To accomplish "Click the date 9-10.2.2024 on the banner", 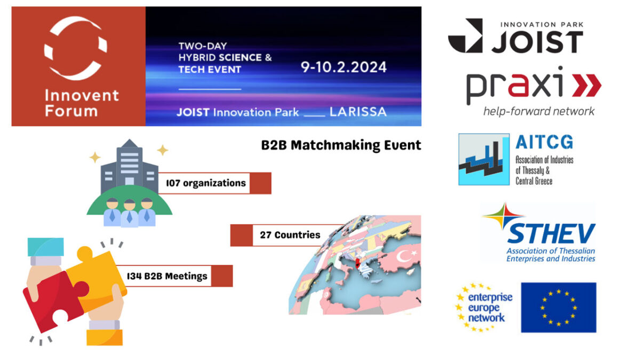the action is [343, 67].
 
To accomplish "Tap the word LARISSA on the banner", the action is [358, 112].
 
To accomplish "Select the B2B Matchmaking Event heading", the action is [341, 145].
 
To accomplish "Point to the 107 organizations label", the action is [206, 183].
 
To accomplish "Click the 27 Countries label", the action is [290, 235].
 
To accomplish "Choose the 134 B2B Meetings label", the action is [167, 276].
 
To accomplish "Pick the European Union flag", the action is [558, 307].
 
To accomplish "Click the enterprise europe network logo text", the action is [490, 308].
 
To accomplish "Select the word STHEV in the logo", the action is [550, 234].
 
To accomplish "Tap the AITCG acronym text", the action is [545, 142].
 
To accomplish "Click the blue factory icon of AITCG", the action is [484, 159].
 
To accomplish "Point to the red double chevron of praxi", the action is [587, 85].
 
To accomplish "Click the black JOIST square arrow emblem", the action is [466, 36].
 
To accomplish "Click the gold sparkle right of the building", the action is [163, 150].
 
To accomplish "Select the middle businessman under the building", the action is [130, 213].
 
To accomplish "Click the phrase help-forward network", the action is [539, 111].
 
